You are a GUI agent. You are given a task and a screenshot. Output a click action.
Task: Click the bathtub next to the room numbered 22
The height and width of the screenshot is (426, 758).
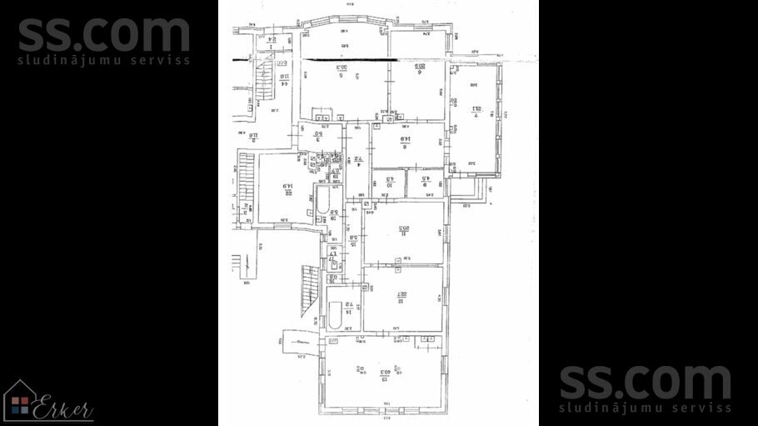pyautogui.click(x=322, y=201)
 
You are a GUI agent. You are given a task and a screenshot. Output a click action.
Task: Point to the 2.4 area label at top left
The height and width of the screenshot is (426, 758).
pyautogui.click(x=272, y=39)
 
